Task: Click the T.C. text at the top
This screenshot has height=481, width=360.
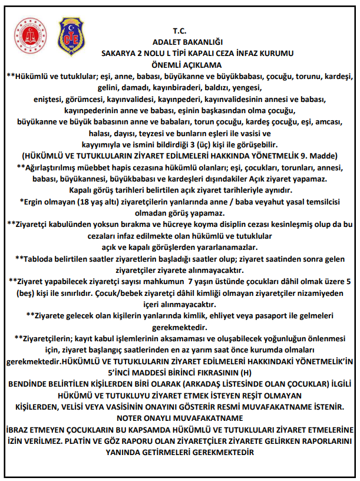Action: point(179,30)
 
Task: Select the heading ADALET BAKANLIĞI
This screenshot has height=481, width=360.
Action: point(179,42)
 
